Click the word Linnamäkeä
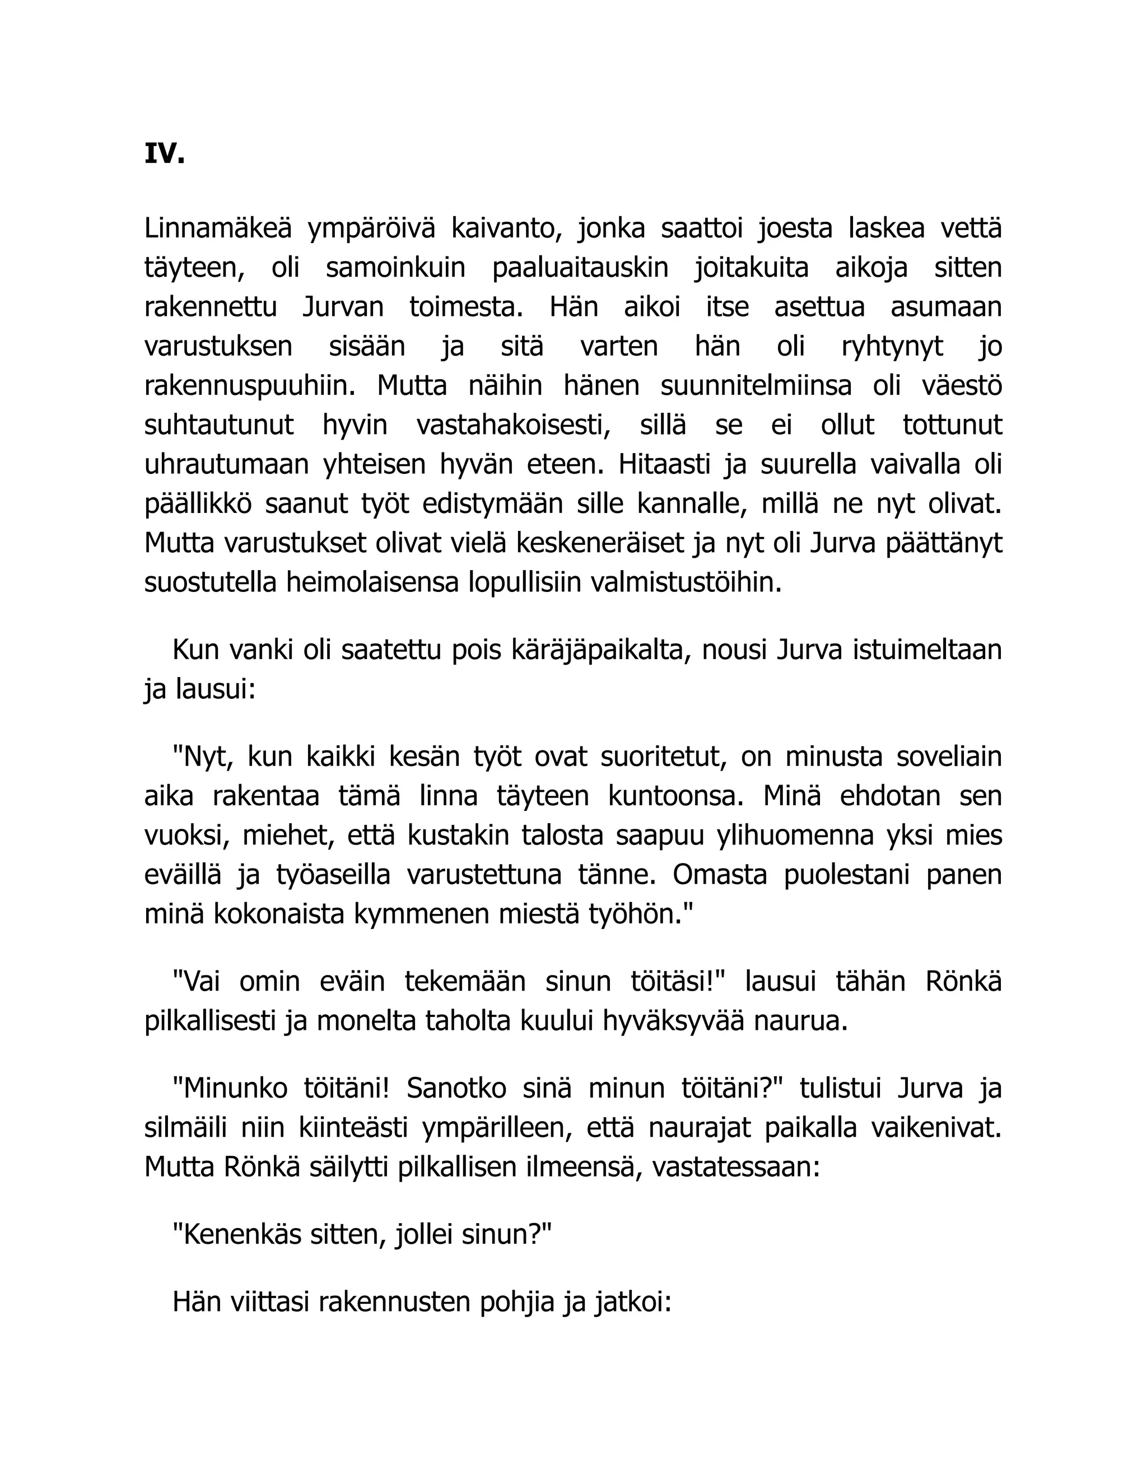click(x=217, y=228)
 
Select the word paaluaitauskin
click(x=580, y=268)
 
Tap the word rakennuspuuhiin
click(x=250, y=386)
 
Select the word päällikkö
click(x=198, y=504)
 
